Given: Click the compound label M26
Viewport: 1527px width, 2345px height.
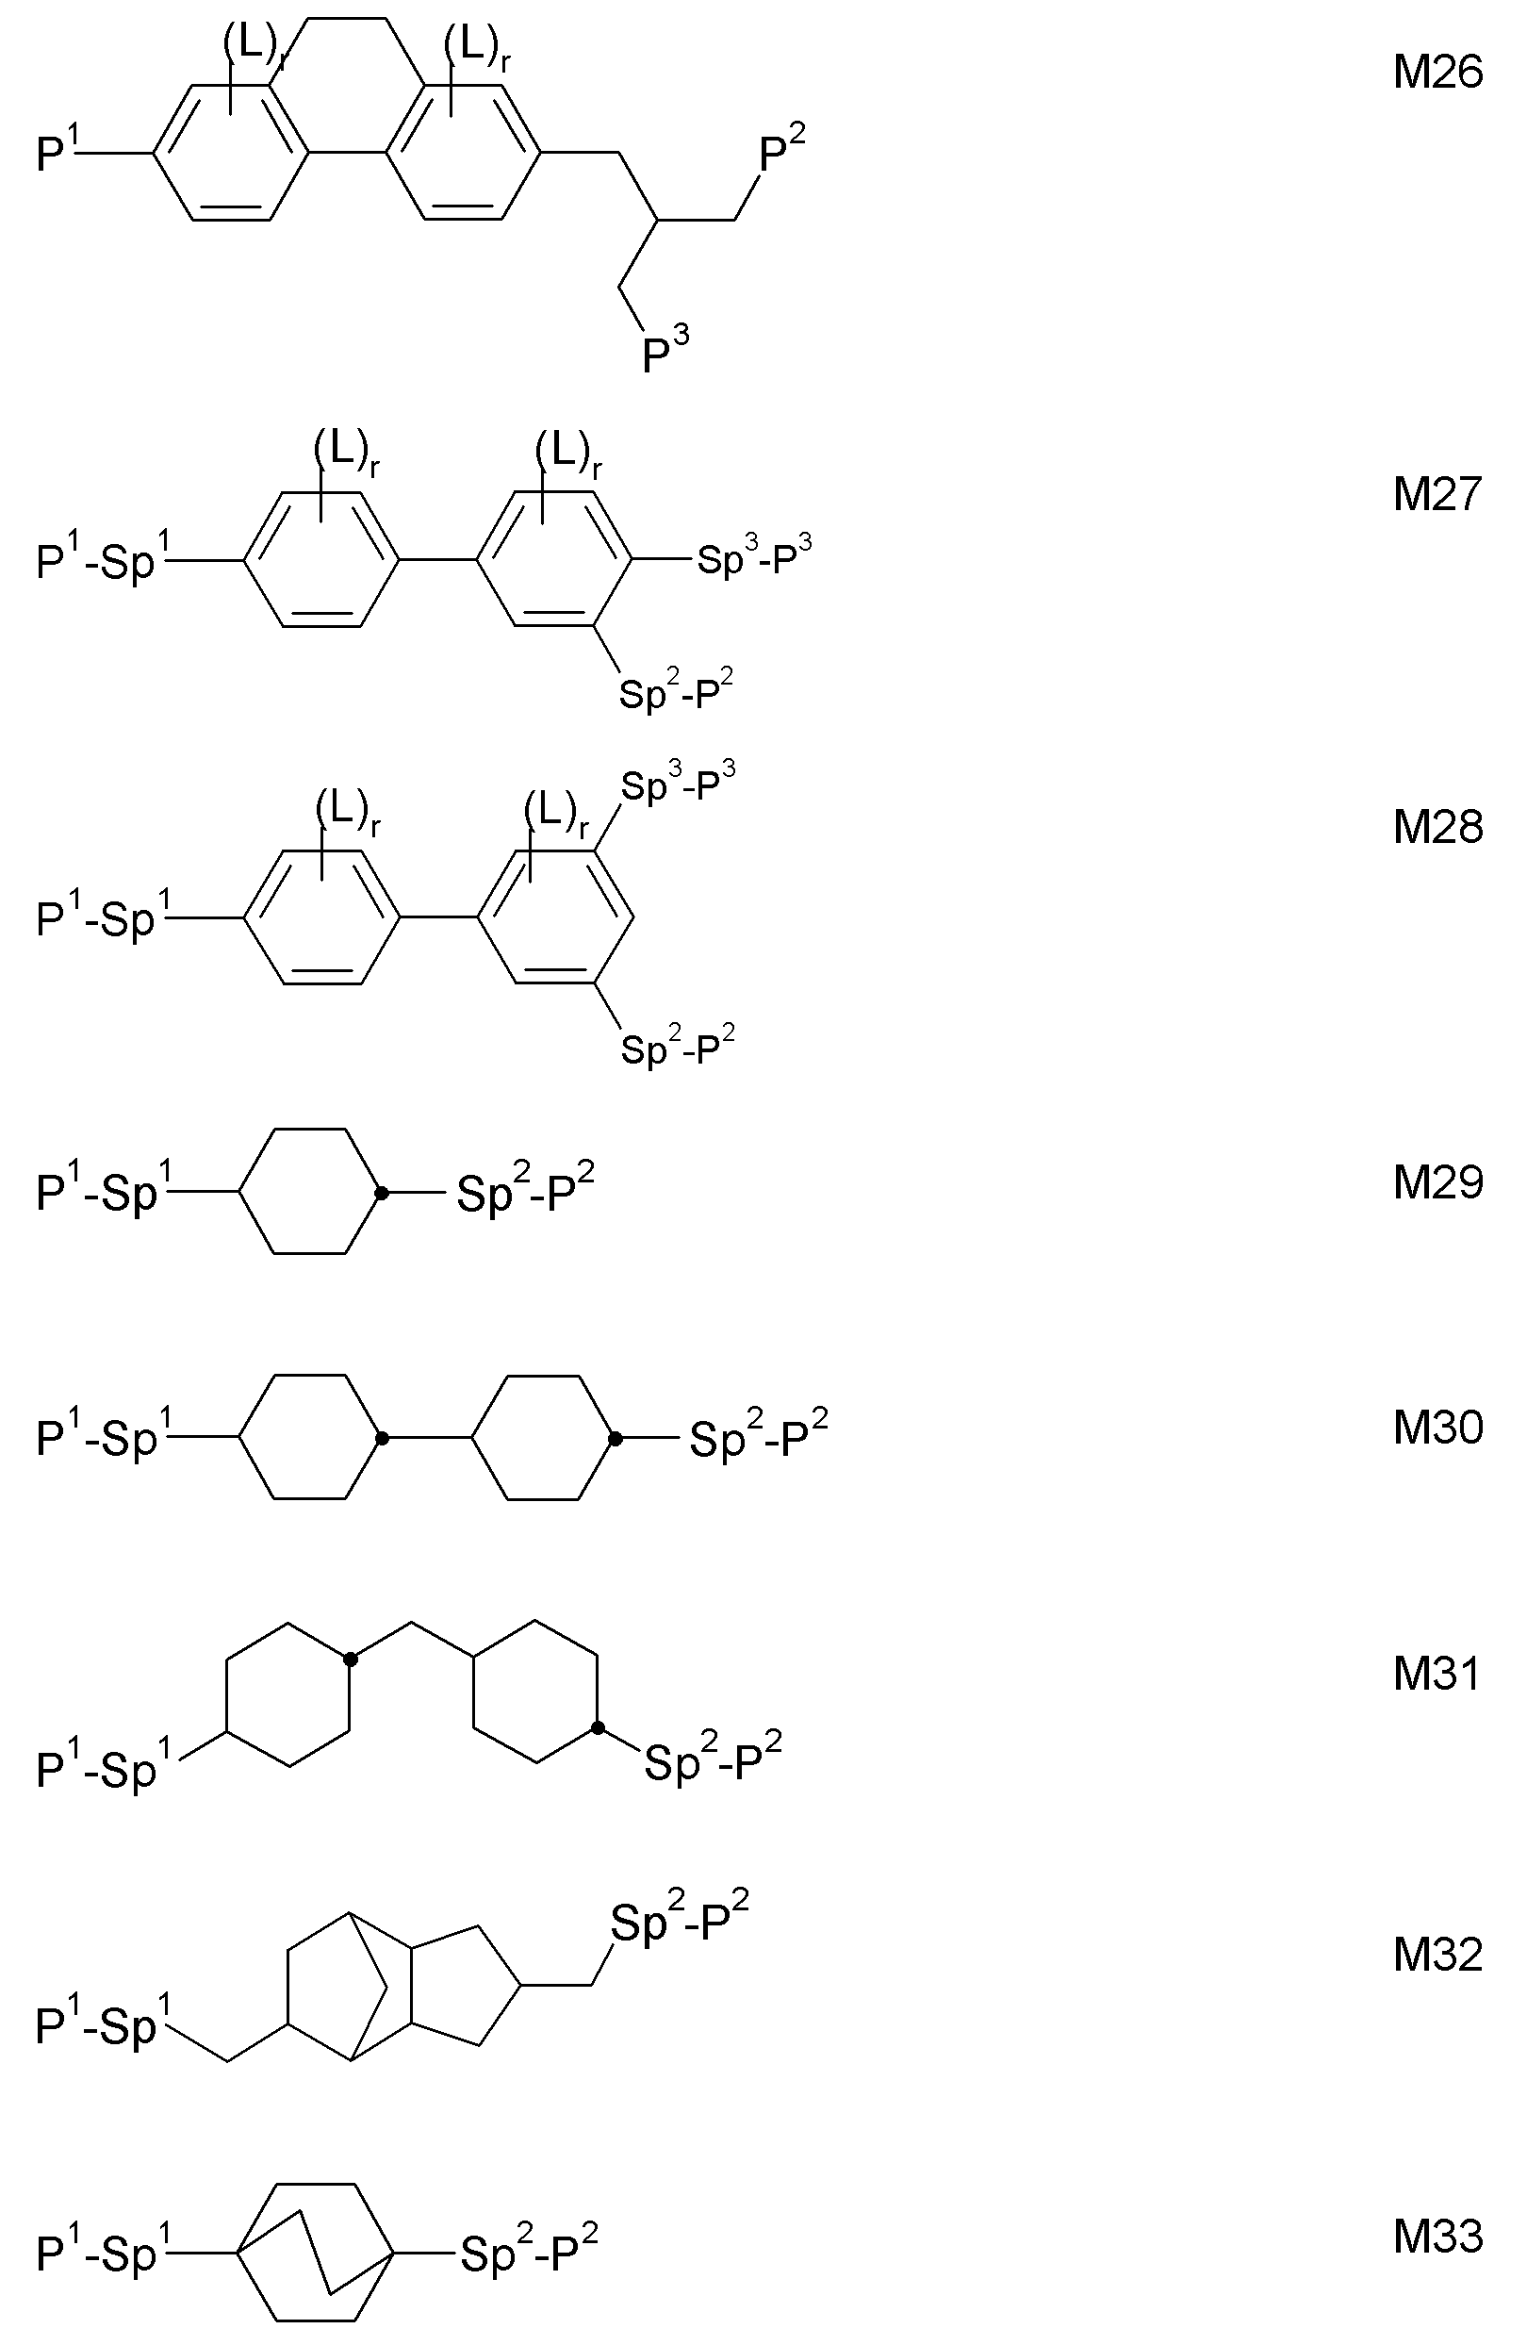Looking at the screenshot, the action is click(1437, 73).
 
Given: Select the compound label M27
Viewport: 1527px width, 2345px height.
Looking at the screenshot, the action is click(1437, 495).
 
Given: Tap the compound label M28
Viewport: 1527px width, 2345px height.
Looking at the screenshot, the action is click(1437, 828).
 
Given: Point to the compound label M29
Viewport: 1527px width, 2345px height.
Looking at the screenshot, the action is click(1437, 1182).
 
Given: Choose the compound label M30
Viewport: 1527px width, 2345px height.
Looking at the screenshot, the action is click(1437, 1428).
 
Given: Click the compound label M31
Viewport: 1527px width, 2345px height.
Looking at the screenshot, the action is click(1437, 1674).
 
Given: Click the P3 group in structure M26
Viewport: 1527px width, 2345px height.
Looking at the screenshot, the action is click(665, 351).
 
